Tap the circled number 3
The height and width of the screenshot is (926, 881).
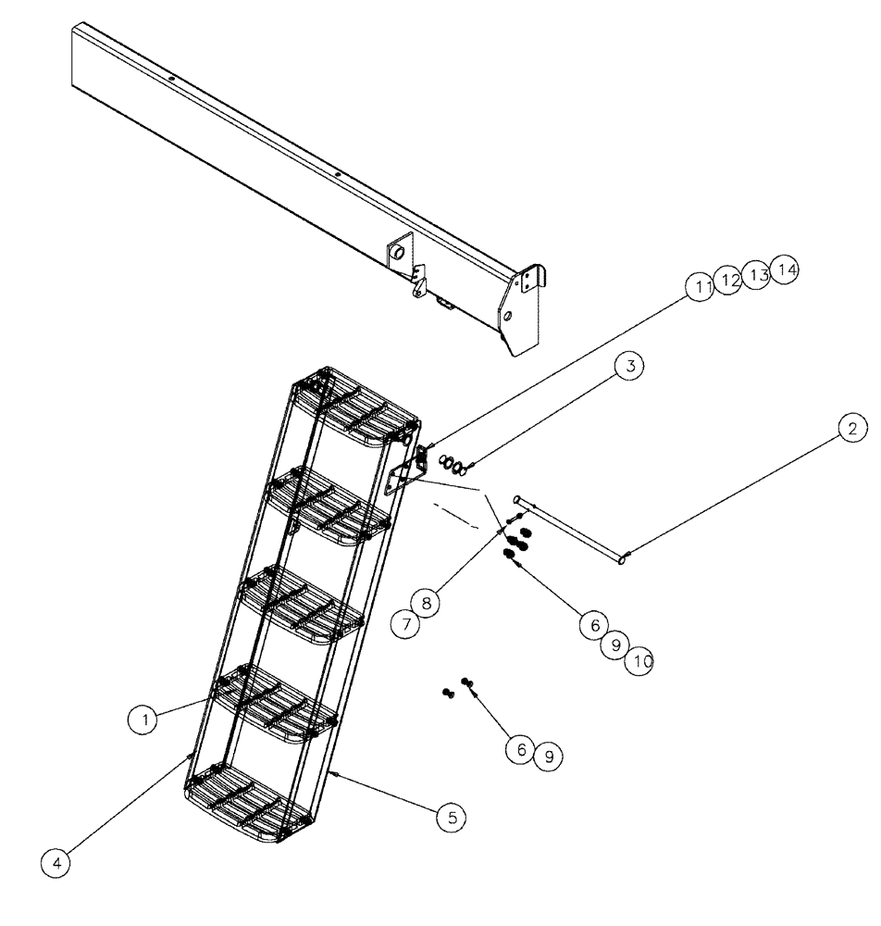pyautogui.click(x=628, y=366)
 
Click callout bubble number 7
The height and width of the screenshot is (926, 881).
pyautogui.click(x=403, y=624)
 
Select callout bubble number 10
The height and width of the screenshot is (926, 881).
pyautogui.click(x=639, y=662)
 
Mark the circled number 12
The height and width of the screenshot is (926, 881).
pyautogui.click(x=728, y=280)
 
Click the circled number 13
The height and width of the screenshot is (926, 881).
pyautogui.click(x=758, y=275)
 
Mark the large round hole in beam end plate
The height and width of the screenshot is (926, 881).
pyautogui.click(x=508, y=317)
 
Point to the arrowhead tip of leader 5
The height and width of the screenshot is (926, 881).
pyautogui.click(x=329, y=769)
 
